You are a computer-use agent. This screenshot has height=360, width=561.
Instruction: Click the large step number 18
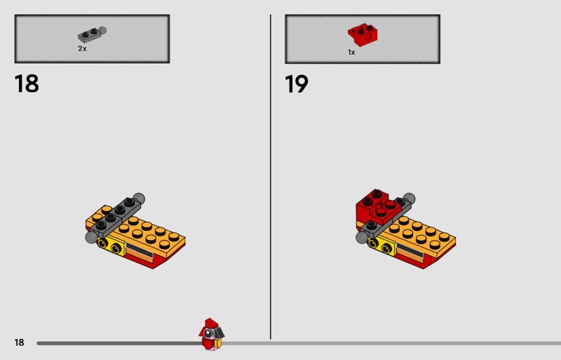coord(27,84)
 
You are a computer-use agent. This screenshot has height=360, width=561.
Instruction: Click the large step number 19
coord(296,84)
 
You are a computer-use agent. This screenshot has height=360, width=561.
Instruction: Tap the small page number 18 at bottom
coord(19,342)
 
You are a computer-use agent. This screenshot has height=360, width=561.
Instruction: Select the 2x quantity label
coord(82,48)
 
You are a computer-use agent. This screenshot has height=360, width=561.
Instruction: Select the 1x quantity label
coord(351,53)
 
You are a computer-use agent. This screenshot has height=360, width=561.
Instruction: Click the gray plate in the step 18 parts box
coord(92,34)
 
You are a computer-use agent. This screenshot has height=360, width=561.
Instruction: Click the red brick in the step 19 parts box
coord(363,35)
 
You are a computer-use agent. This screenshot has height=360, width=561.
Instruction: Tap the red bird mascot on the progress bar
coord(212,334)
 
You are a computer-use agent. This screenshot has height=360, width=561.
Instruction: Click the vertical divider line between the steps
coord(271,177)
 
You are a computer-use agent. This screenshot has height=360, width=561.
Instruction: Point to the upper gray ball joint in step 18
coord(139,199)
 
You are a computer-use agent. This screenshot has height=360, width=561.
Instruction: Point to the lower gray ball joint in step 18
coord(91,237)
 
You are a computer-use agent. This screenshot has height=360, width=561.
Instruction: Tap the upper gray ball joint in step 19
coord(410,199)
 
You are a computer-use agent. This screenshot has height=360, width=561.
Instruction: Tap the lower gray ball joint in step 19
coord(362,237)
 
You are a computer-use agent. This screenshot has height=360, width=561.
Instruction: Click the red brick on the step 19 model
coord(376,207)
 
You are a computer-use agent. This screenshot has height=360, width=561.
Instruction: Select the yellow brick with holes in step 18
coord(111,246)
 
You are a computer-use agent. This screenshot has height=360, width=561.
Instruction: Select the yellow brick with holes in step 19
coord(381,246)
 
